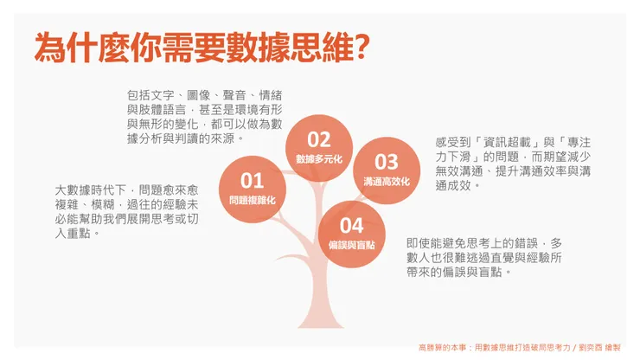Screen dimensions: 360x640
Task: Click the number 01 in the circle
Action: pyautogui.click(x=252, y=180)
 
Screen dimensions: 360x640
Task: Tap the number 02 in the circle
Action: pyautogui.click(x=319, y=139)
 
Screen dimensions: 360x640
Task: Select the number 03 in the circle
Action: pyautogui.click(x=386, y=162)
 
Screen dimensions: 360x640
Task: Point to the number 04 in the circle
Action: pyautogui.click(x=351, y=226)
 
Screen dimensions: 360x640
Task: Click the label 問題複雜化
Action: pyautogui.click(x=252, y=200)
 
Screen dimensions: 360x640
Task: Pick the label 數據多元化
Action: pyautogui.click(x=319, y=159)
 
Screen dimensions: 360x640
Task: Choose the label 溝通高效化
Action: pyautogui.click(x=386, y=182)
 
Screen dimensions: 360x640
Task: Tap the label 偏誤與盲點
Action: pyautogui.click(x=351, y=246)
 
